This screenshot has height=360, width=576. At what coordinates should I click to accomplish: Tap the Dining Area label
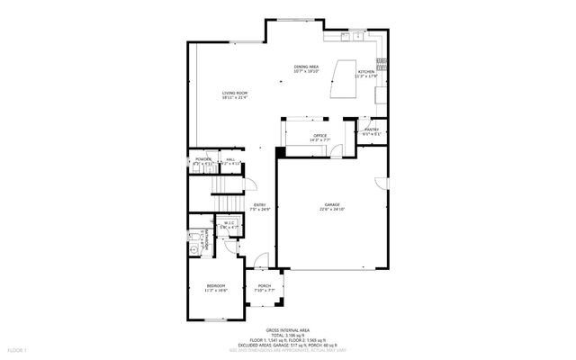click(x=307, y=67)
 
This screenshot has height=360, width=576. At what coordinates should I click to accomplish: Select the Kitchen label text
click(x=366, y=71)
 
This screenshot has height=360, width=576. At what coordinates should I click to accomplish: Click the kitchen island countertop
click(x=342, y=81)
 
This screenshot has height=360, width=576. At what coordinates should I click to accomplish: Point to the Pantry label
click(x=371, y=130)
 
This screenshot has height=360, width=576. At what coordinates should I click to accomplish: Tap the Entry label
click(x=259, y=204)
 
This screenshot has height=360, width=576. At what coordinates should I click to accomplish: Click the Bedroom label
click(x=216, y=285)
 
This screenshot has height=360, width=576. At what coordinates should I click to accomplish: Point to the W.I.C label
click(x=229, y=223)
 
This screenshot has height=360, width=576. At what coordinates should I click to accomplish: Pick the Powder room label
click(x=203, y=159)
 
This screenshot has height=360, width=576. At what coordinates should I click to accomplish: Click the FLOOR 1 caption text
click(x=17, y=348)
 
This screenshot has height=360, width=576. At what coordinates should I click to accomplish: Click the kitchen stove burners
click(x=382, y=64)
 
